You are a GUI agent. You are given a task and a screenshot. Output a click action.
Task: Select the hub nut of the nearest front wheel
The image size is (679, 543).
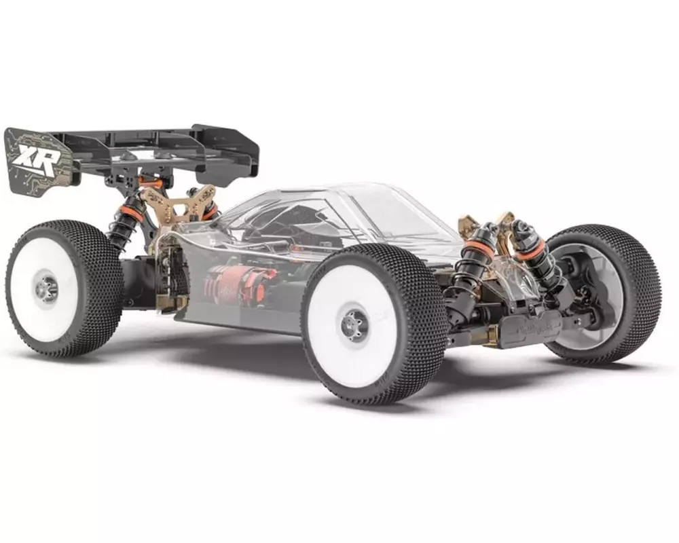coord(354,324)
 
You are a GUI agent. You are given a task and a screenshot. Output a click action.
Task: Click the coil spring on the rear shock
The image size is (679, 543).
coord(122,231)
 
